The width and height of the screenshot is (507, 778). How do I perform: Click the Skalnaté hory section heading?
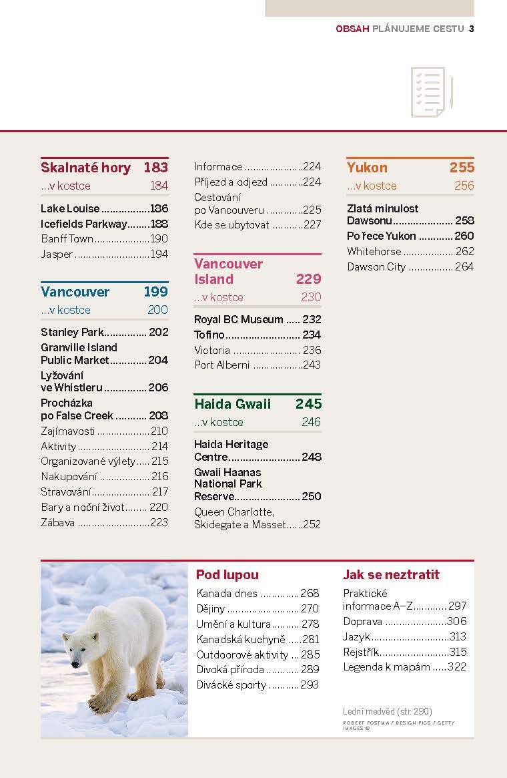(x=86, y=168)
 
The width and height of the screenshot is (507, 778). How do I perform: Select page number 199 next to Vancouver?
(x=156, y=291)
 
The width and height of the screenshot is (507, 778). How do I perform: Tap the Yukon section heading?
(x=367, y=168)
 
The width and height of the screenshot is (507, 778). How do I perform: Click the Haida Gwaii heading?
(x=232, y=404)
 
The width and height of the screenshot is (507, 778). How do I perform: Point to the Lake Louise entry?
(x=70, y=208)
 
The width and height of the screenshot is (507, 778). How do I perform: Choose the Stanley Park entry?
(x=72, y=332)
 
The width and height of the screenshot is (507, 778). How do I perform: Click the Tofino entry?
(x=209, y=335)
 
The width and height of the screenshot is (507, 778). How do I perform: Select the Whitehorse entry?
(x=374, y=252)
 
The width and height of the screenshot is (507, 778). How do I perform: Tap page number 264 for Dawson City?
(x=464, y=267)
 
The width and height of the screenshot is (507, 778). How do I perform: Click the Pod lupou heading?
(x=227, y=574)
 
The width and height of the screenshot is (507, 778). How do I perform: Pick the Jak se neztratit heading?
(x=391, y=574)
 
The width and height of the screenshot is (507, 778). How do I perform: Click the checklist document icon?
(x=432, y=92)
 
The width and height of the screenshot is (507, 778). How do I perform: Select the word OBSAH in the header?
(x=352, y=29)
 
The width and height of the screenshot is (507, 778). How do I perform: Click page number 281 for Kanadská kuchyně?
(x=311, y=640)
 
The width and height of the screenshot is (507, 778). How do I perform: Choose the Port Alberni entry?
(x=221, y=365)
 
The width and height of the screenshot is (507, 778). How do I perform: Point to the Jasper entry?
(x=57, y=254)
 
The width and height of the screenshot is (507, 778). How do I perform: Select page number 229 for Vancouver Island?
(x=309, y=279)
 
